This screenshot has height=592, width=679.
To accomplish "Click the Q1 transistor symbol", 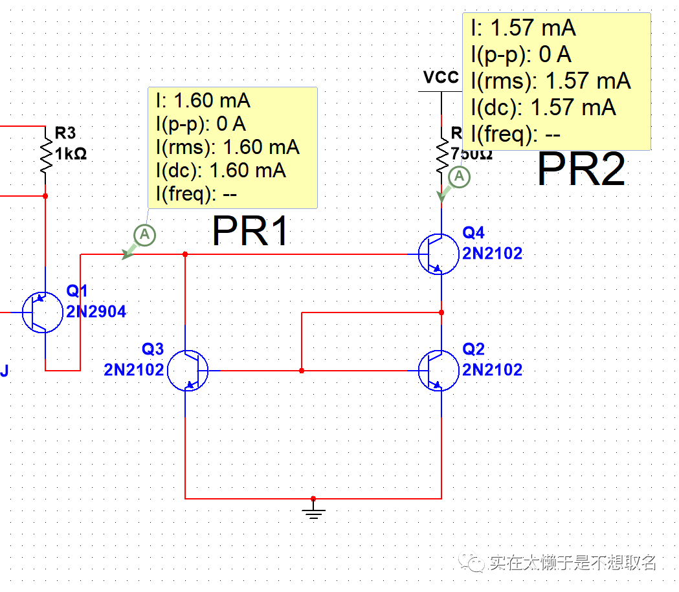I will pos(41,312).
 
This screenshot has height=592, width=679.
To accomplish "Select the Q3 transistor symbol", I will pos(188,371).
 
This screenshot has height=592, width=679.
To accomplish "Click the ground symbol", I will pos(313,512).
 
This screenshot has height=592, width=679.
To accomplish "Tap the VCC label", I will pos(441,78).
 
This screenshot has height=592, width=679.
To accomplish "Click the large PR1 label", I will pos(250,230).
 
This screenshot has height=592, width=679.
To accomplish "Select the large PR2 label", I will pos(581,170).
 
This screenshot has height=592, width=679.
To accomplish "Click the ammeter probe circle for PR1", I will pos(145,234).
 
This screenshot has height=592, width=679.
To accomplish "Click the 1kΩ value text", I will pos(71,154).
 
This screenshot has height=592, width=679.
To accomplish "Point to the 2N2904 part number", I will pos(96,312).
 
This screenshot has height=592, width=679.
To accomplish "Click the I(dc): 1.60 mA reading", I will pos(220,170).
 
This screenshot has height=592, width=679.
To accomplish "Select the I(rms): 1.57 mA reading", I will pos(550,81).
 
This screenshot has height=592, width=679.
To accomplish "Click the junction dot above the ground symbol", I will pos(313,499).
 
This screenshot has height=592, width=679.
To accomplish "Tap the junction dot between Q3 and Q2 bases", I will pos(302,371).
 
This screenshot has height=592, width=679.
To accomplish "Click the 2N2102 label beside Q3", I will pos(133,370).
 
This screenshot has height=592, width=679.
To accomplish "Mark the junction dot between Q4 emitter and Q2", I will pos(441,312).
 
